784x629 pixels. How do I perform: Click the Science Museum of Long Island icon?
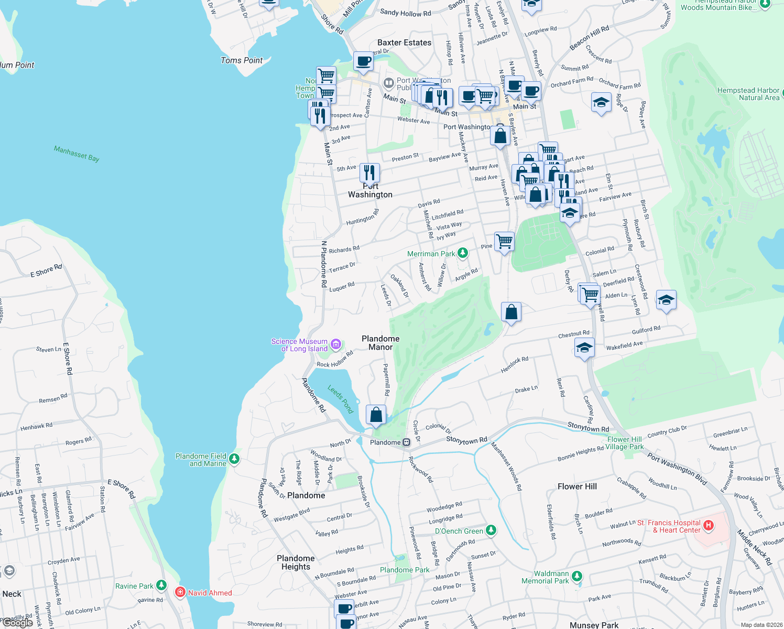(336, 344)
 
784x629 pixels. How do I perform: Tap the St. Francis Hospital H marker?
(709, 525)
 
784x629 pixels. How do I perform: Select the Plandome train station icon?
(406, 442)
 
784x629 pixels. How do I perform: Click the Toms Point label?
(242, 60)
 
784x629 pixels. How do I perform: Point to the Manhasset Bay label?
(77, 154)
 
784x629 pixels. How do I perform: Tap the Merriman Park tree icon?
(462, 253)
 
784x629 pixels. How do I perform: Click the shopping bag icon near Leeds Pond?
(376, 415)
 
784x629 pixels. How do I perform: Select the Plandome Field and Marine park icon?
(234, 459)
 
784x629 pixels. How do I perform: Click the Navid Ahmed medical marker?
(180, 592)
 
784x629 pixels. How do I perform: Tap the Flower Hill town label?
(577, 486)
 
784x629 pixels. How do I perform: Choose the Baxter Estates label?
(405, 42)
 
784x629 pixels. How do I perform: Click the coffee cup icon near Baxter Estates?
(363, 61)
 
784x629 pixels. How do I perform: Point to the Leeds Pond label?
(341, 399)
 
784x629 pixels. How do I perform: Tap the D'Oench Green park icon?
(491, 530)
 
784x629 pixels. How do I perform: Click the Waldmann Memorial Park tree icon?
(577, 576)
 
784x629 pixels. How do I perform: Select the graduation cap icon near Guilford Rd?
(666, 300)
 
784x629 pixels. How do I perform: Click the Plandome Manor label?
(380, 343)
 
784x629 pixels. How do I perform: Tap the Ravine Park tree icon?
(161, 585)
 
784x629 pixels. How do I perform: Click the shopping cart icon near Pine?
(504, 242)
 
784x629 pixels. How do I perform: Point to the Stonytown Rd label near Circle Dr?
(466, 440)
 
